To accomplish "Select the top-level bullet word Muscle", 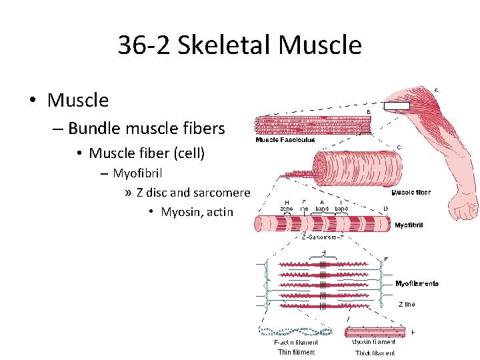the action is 78,101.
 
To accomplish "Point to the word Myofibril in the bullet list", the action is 138,174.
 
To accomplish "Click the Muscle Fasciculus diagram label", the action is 286,141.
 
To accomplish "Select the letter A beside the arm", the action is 436,90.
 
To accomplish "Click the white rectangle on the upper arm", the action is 397,105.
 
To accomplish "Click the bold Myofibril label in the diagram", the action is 409,225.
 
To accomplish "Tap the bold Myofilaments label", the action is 417,284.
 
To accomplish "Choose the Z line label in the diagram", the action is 407,305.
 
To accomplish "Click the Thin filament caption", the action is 296,352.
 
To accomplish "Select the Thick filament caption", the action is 375,352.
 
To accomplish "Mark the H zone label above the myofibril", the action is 286,205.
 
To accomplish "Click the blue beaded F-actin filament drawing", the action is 295,330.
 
